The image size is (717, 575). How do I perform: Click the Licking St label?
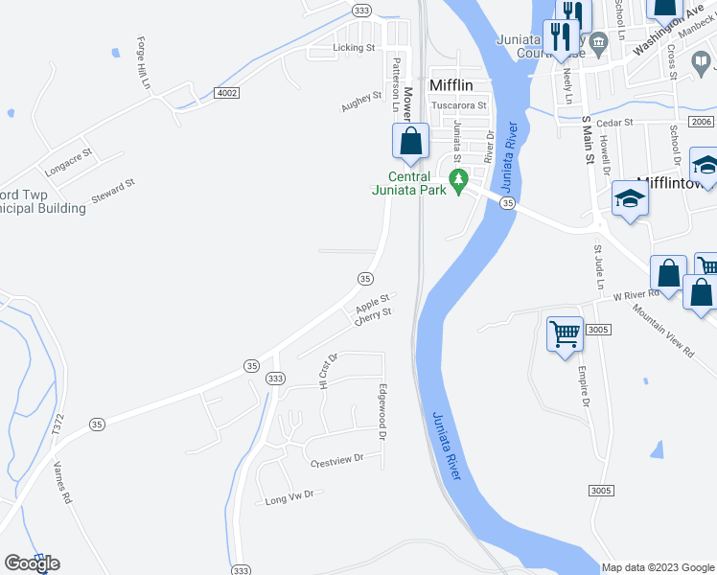coord(353,47)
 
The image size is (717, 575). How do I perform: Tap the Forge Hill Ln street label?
coord(145,63)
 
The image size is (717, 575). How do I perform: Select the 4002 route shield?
coord(227,92)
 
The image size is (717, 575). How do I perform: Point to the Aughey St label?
coord(360,103)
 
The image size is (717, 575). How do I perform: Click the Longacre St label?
coord(68,159)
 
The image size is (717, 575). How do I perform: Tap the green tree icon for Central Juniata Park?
coord(458,179)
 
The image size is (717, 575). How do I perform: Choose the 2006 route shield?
coord(701,122)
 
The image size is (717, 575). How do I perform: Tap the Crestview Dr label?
coord(337,459)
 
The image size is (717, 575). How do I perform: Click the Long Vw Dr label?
coord(289,497)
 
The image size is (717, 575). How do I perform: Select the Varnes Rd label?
coord(63,486)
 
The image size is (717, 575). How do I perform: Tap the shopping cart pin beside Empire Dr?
coord(566,334)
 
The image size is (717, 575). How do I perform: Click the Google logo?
coord(32,563)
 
